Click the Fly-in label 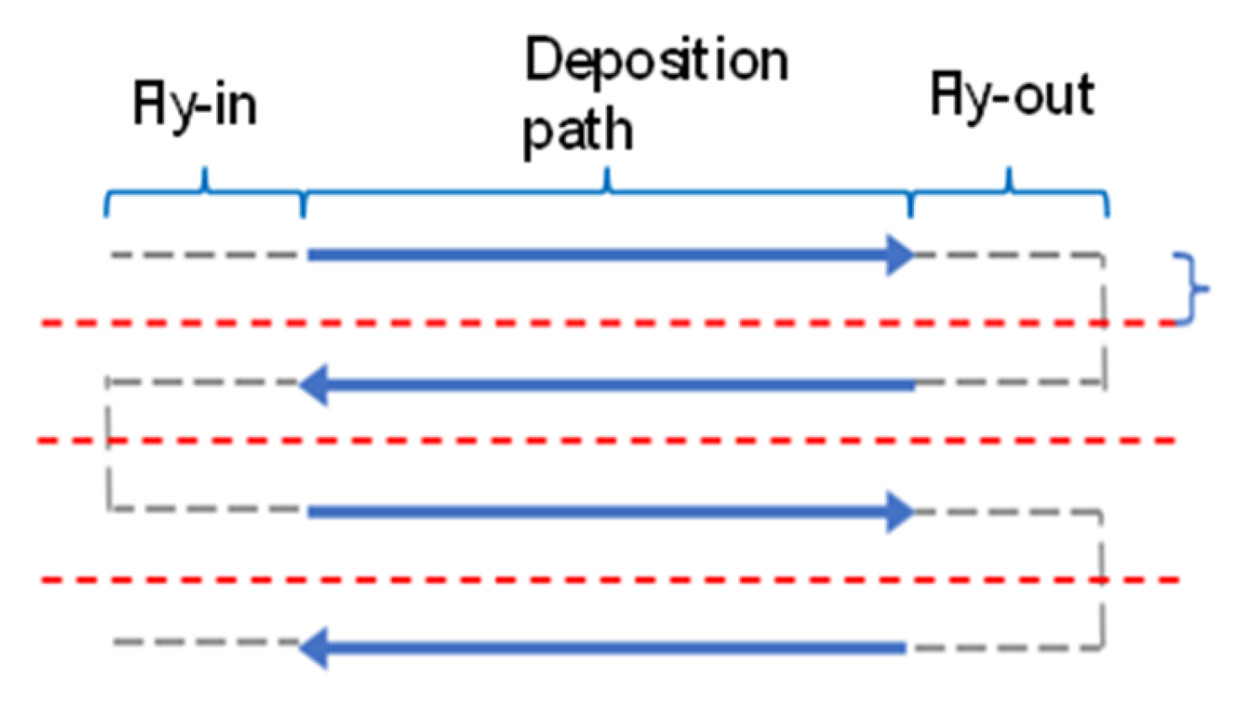pyautogui.click(x=195, y=106)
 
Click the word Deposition pyautogui.click(x=656, y=61)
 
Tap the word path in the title pyautogui.click(x=578, y=131)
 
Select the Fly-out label pyautogui.click(x=1011, y=96)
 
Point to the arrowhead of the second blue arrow pyautogui.click(x=313, y=386)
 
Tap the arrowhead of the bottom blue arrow pyautogui.click(x=313, y=648)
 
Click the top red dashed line pyautogui.click(x=589, y=323)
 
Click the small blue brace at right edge pyautogui.click(x=1194, y=288)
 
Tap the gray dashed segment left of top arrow pyautogui.click(x=206, y=255)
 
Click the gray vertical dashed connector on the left pyautogui.click(x=108, y=445)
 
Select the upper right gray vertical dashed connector pyautogui.click(x=1103, y=319)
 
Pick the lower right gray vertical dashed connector pyautogui.click(x=1101, y=580)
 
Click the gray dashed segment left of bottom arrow pyautogui.click(x=206, y=643)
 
